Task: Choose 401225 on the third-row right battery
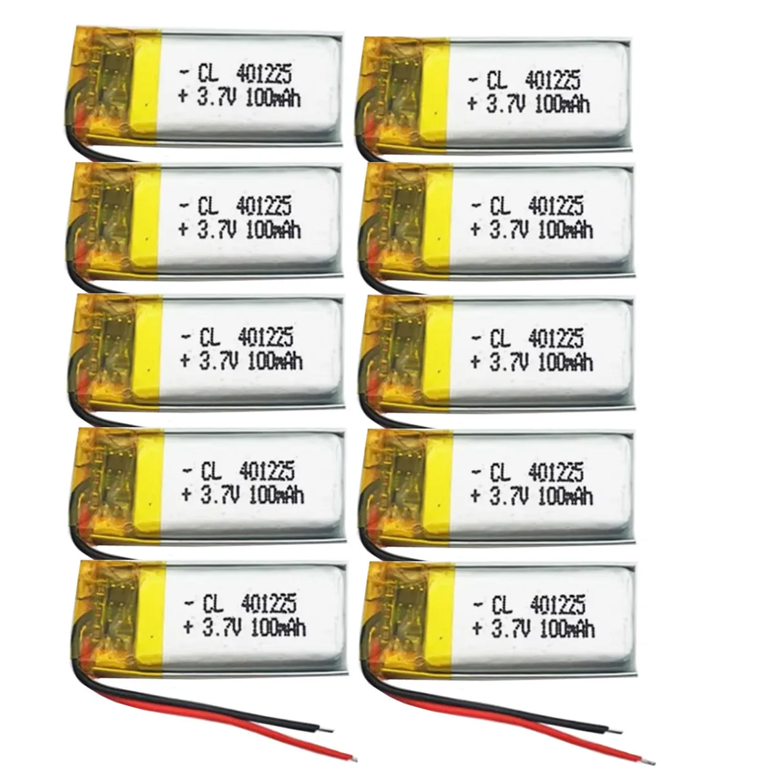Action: coord(555,338)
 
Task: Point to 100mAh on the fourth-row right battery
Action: coord(565,494)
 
